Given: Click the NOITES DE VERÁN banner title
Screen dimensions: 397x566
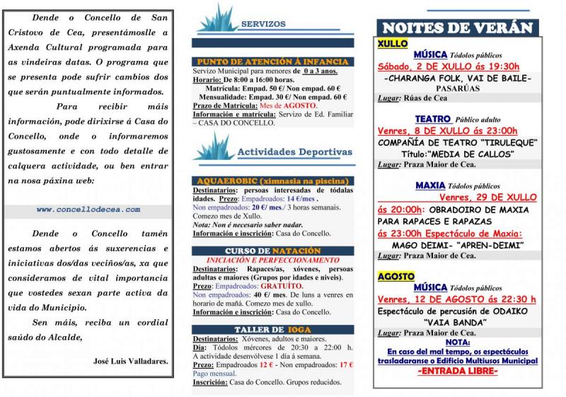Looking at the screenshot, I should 456,28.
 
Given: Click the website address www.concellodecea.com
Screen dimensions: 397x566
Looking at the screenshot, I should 88,209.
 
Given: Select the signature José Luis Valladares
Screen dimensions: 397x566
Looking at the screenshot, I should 131,361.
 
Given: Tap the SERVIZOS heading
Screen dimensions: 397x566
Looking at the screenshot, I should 263,23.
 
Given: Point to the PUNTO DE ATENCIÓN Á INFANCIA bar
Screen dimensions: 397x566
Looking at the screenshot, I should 272,62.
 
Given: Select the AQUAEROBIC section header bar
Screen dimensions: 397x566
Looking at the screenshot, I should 272,181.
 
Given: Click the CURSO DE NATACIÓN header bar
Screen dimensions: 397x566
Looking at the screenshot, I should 272,251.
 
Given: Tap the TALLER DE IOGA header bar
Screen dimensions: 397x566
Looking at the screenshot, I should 272,330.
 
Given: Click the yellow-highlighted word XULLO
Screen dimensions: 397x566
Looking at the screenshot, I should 393,43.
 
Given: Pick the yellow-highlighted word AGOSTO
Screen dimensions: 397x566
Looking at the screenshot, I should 396,276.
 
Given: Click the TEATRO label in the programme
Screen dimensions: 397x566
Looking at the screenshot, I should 433,119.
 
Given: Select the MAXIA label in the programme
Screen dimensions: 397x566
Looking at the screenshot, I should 430,185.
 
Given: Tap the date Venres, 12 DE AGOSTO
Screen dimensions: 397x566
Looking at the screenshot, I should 456,299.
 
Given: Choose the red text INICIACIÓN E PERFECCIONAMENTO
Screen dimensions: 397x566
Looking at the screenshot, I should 272,260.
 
